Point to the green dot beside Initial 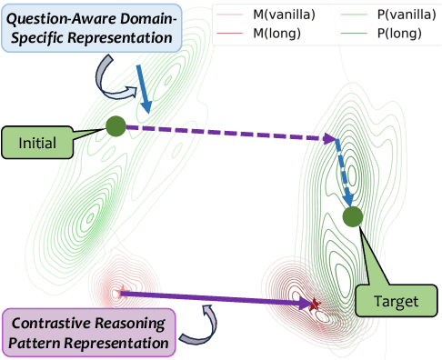[116, 126]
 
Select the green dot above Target [353, 216]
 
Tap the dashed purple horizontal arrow [227, 133]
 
